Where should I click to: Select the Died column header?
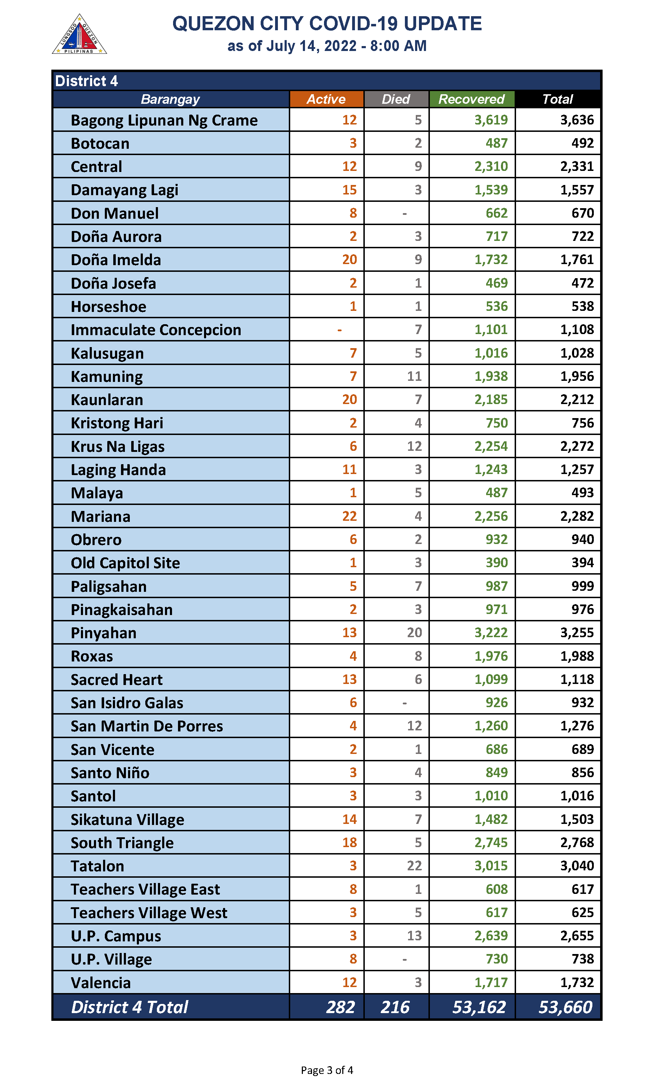[x=396, y=99]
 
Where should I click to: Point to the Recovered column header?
[x=471, y=99]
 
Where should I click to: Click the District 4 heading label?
[x=87, y=81]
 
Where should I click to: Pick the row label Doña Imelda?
[x=116, y=260]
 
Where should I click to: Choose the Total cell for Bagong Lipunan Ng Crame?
[x=577, y=120]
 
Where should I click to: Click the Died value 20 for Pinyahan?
[x=414, y=633]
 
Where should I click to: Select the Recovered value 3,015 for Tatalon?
[x=491, y=866]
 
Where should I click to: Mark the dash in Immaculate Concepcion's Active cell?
[x=339, y=330]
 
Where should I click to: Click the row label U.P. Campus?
[x=116, y=936]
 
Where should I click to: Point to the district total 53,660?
[x=565, y=1007]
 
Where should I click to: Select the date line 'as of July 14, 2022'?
[x=326, y=46]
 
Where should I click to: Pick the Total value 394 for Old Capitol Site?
[x=583, y=563]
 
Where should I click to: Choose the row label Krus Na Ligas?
[x=118, y=447]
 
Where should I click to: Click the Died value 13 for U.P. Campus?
[x=414, y=935]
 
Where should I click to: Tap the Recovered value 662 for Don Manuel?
[x=497, y=213]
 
